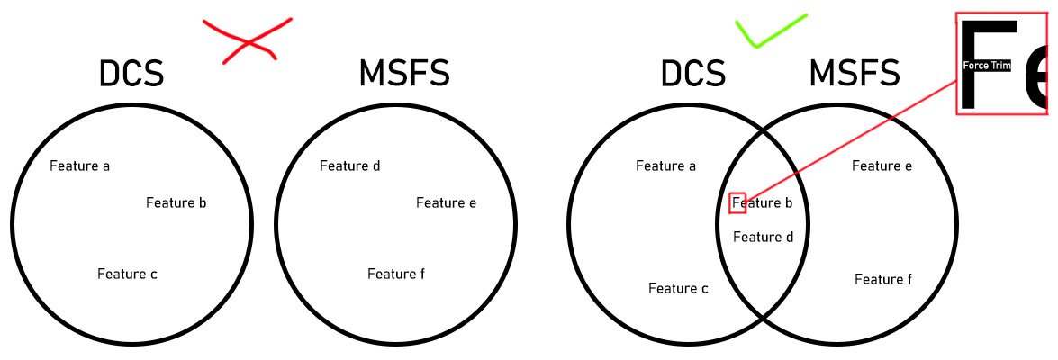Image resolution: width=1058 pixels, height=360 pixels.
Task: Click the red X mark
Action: [x=247, y=40]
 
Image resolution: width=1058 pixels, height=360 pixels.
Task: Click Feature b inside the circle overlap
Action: [x=764, y=203]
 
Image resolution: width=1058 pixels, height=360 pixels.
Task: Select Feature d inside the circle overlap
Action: [x=764, y=238]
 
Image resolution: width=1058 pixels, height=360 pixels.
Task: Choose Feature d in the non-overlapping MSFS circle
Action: [x=350, y=166]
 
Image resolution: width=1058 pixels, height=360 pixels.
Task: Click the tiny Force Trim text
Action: [x=987, y=66]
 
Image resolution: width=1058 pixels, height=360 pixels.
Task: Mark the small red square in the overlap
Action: [x=737, y=203]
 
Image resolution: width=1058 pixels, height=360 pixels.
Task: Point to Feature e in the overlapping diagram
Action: [x=882, y=166]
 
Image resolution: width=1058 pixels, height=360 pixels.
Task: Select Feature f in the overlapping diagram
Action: [x=883, y=279]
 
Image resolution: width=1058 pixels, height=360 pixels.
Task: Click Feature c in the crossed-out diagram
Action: [x=128, y=274]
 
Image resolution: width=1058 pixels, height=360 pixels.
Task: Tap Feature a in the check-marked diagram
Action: [x=666, y=166]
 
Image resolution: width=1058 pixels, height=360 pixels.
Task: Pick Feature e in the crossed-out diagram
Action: [x=447, y=202]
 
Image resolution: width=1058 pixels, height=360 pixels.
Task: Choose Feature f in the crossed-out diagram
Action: [x=396, y=274]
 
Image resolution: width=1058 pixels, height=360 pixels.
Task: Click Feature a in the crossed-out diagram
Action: [x=80, y=166]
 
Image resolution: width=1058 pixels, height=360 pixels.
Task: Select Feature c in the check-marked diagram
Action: [x=679, y=288]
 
